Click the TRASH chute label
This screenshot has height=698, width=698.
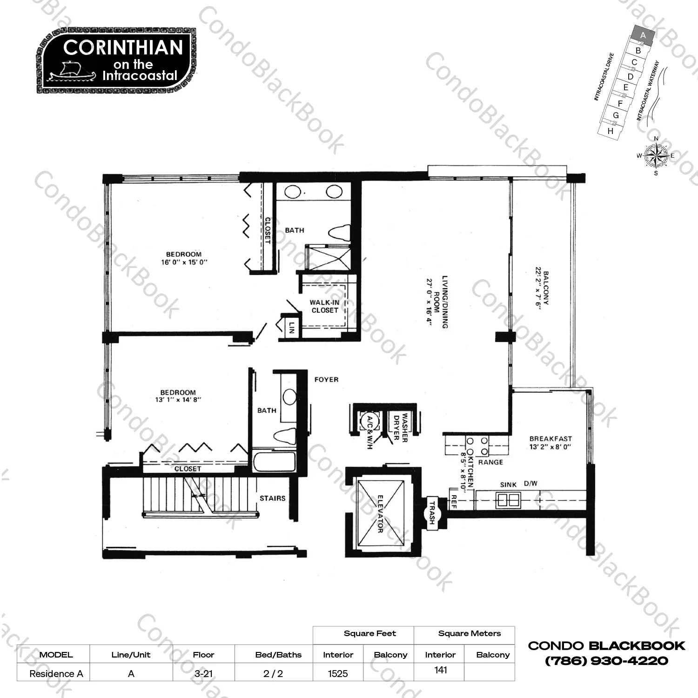(x=432, y=512)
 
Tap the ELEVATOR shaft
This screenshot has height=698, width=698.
(x=381, y=513)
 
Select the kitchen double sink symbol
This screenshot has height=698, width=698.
(x=508, y=500)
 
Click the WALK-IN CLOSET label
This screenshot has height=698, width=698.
(x=325, y=306)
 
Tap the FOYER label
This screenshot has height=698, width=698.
(x=326, y=380)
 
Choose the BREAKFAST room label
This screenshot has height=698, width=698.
(x=550, y=439)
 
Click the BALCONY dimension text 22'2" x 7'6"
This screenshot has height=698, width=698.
(x=538, y=287)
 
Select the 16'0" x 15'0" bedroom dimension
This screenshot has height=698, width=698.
(x=184, y=262)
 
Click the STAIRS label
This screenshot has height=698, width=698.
(x=272, y=498)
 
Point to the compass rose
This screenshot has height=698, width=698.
(x=655, y=156)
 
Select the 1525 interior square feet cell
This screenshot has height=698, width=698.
(x=338, y=674)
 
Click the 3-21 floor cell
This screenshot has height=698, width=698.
(x=203, y=674)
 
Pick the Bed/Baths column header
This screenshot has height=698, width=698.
(x=278, y=655)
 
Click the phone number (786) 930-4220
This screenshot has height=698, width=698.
(x=606, y=661)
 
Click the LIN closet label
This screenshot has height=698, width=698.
(x=292, y=327)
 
